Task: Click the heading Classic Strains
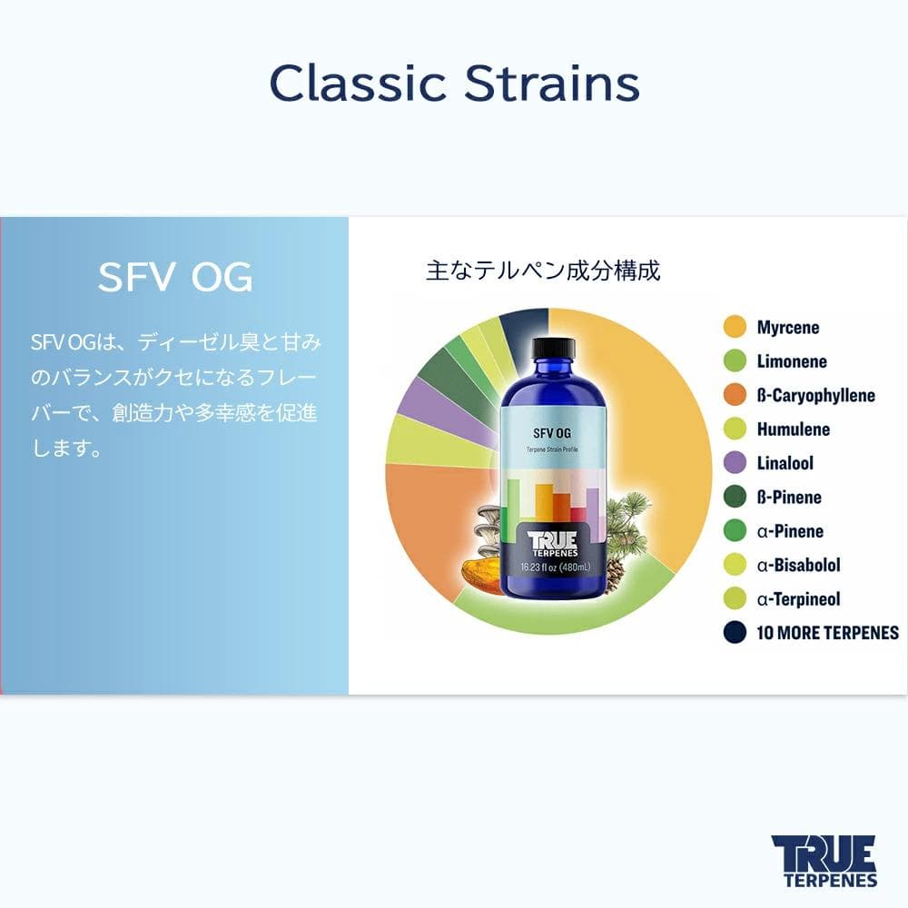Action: (x=454, y=84)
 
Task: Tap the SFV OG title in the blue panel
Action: (x=175, y=278)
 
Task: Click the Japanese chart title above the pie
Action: (x=543, y=271)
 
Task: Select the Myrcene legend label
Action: (x=787, y=327)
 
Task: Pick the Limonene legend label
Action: (x=792, y=361)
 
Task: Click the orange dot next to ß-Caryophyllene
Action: (x=735, y=395)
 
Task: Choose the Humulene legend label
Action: (x=793, y=429)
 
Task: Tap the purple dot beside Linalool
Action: (x=735, y=463)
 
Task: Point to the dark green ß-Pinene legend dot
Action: (x=735, y=497)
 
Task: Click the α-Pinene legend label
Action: (x=789, y=531)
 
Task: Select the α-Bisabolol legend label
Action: (x=798, y=565)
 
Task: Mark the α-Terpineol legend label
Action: (x=798, y=599)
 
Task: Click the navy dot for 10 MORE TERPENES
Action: (x=735, y=633)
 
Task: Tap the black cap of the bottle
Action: (x=553, y=348)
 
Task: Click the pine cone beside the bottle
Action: (x=615, y=572)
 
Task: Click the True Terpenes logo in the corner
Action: (x=824, y=861)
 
